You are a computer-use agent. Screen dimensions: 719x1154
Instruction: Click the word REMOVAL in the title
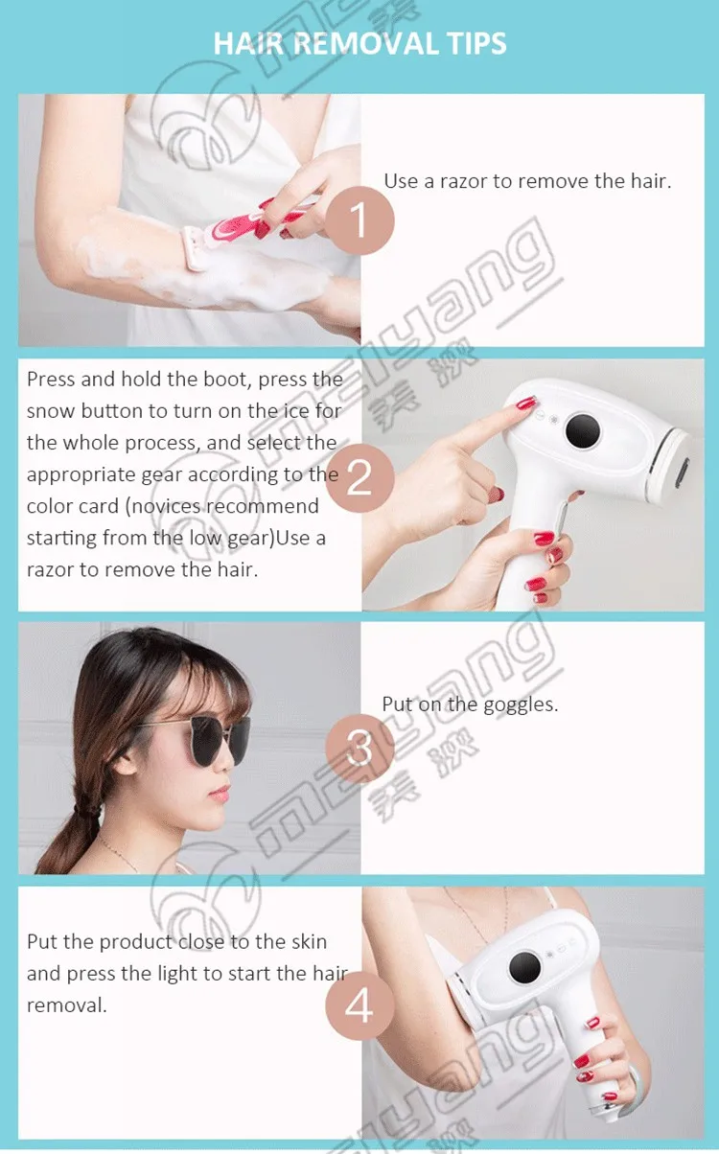[x=365, y=43]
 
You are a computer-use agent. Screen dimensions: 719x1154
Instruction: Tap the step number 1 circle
[x=359, y=220]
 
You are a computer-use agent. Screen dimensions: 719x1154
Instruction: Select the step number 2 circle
[x=359, y=478]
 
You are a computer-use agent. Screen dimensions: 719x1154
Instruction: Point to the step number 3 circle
[x=359, y=749]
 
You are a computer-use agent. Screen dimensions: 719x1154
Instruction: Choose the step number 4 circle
[x=359, y=1004]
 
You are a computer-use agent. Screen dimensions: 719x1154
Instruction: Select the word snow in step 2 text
[x=51, y=411]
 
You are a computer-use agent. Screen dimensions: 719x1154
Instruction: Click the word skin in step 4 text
[x=310, y=942]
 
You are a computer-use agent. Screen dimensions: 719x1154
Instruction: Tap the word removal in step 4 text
[x=66, y=1005]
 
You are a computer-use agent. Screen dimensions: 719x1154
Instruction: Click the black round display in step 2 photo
[x=583, y=430]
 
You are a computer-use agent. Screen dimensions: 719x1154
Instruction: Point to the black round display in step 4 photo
[x=524, y=967]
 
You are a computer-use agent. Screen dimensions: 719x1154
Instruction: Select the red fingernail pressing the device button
[x=526, y=403]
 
